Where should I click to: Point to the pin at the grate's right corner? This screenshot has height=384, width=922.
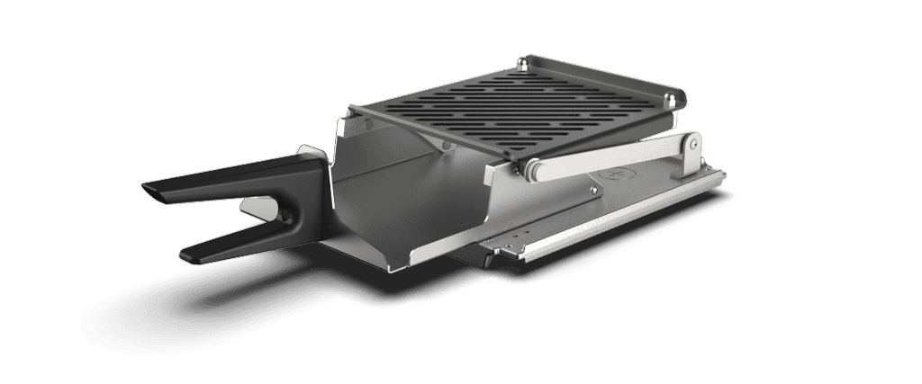point(676,95)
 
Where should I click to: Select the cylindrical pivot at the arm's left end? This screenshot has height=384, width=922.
point(532,167)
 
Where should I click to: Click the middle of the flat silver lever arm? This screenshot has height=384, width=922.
point(612,153)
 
